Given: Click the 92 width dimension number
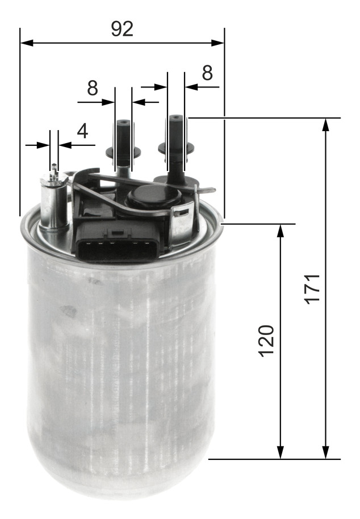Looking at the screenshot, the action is [x=122, y=29].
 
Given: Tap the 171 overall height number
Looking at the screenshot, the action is [x=313, y=288].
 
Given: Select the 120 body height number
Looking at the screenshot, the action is [x=267, y=341].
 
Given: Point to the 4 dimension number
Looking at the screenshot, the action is [x=82, y=131].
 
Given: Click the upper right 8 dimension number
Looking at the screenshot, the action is [x=207, y=73].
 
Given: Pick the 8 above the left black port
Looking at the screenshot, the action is [x=93, y=88].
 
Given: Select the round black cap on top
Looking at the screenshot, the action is [x=154, y=197].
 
